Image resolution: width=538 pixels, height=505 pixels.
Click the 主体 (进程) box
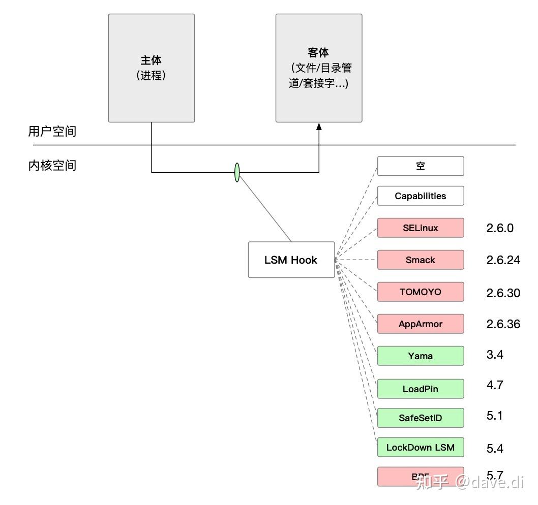click(152, 68)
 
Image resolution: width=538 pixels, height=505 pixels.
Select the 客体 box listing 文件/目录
click(319, 68)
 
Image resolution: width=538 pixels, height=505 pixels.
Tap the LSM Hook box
click(291, 260)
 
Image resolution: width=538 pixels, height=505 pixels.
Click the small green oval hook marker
click(237, 172)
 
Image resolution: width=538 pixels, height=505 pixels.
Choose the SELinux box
click(421, 228)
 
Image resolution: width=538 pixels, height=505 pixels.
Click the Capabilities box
click(421, 196)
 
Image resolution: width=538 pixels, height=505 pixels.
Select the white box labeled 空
click(421, 166)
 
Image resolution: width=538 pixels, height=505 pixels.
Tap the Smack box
click(421, 260)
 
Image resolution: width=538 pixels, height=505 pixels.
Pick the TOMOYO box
click(421, 292)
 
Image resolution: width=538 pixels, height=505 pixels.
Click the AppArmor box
click(421, 324)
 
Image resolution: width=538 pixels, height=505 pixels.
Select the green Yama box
click(421, 356)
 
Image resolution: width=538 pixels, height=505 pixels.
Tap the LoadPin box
click(421, 389)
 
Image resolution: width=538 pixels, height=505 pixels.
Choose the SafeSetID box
click(421, 418)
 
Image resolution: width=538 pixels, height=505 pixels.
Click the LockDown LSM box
click(421, 447)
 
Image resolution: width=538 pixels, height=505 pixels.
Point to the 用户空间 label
click(52, 132)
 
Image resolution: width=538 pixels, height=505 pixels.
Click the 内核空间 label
click(52, 165)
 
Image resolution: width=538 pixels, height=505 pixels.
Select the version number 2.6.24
click(503, 260)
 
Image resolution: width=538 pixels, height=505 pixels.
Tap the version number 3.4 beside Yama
click(495, 355)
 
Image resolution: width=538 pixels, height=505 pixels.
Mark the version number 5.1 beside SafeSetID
click(494, 416)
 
